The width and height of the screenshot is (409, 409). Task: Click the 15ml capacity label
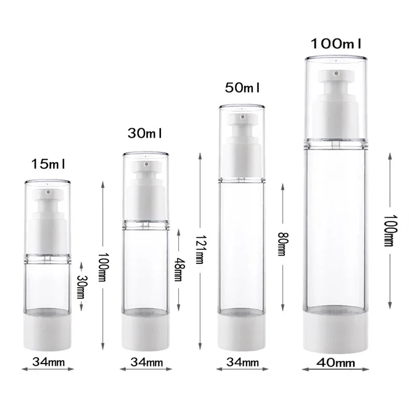49,165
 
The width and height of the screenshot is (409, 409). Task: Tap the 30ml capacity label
146,133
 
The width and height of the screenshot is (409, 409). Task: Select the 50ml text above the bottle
243,88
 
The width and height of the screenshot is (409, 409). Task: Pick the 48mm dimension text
178,269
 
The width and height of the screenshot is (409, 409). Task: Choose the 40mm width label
335,363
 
